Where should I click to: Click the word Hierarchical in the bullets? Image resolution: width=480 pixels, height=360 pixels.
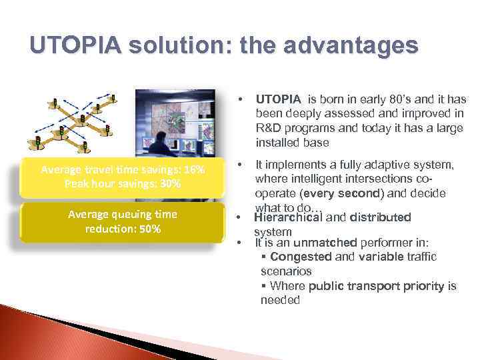[x=288, y=217]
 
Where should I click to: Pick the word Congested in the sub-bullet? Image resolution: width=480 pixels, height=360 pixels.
[x=297, y=256]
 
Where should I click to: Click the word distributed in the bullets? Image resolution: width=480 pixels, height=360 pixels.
[x=381, y=217]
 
